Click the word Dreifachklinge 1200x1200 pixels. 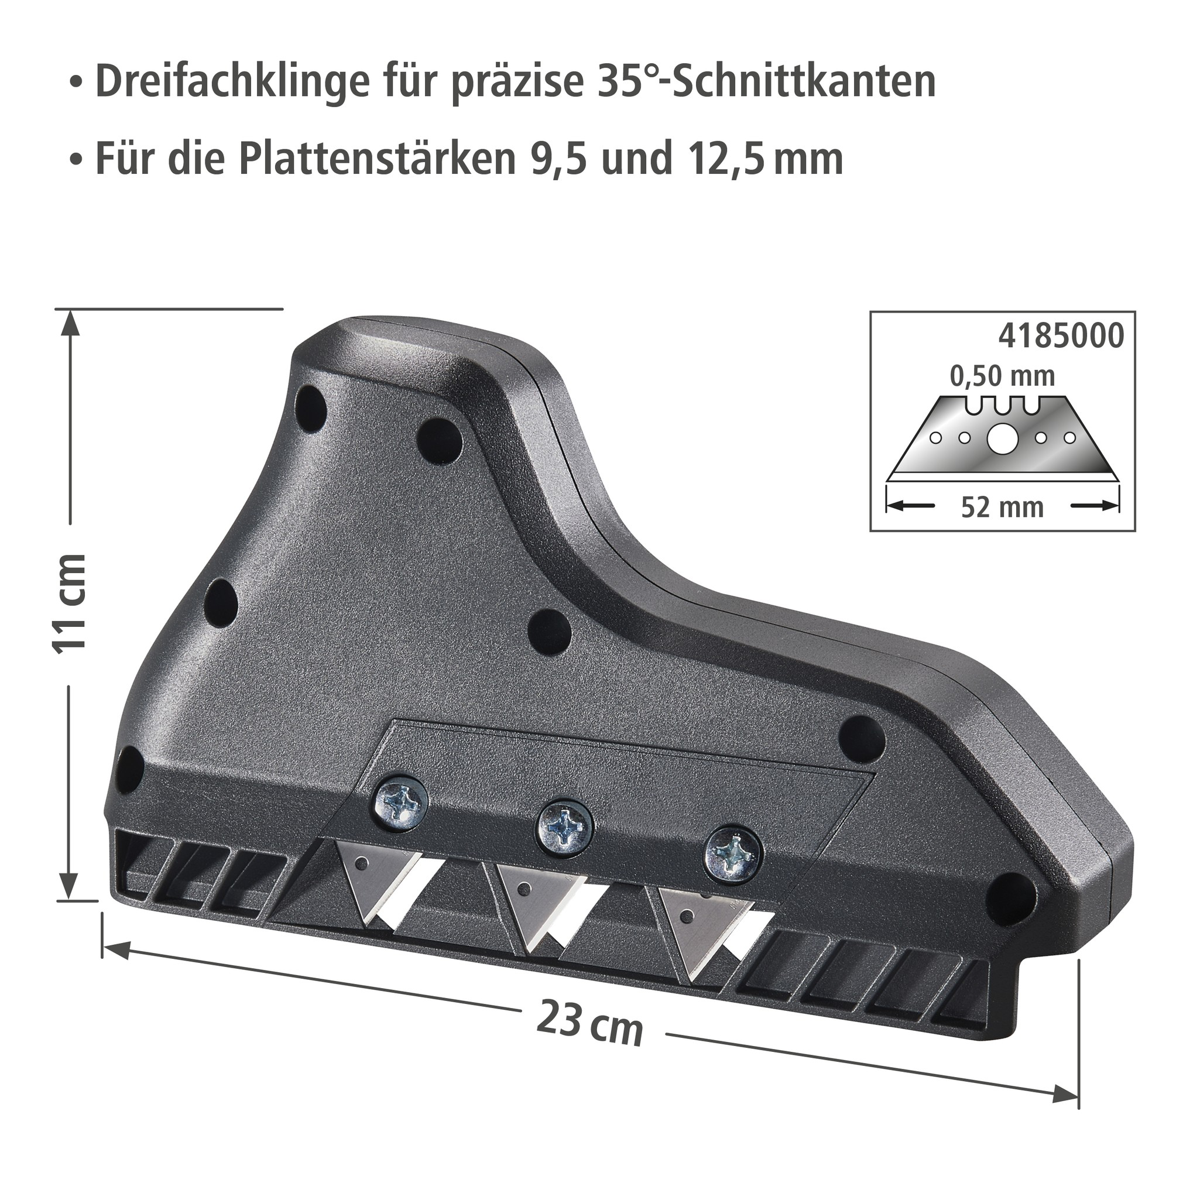coord(232,81)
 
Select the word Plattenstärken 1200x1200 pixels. coord(378,159)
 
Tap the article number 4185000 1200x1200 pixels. coord(1061,336)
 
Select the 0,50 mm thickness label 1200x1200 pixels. coord(1002,376)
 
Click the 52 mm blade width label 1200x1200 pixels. coord(1002,508)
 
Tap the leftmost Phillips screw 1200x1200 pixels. coord(401,805)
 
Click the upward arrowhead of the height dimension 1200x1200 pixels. coord(71,323)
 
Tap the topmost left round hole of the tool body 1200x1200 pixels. coord(311,409)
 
